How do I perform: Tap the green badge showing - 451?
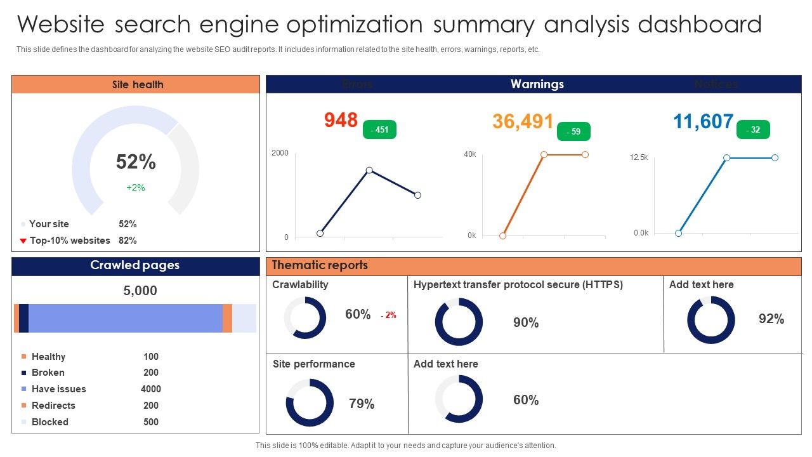[379, 130]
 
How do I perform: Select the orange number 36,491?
[523, 121]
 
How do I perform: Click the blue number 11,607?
[703, 121]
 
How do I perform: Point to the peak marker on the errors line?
[369, 170]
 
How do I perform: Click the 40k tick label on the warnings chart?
[470, 154]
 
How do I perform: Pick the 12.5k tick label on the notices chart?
[639, 157]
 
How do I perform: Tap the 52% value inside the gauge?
[136, 162]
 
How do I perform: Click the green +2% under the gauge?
[136, 188]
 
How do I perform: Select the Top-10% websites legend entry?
[70, 241]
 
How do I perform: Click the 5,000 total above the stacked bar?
[140, 291]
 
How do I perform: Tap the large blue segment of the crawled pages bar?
[126, 318]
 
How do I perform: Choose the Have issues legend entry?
[58, 389]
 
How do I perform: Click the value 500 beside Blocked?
[151, 422]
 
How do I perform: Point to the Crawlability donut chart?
[305, 317]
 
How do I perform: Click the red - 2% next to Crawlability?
[388, 315]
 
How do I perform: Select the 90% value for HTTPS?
[526, 323]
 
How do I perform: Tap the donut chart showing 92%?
[711, 320]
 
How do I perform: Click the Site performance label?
[314, 364]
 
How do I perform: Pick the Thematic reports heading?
[319, 265]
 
